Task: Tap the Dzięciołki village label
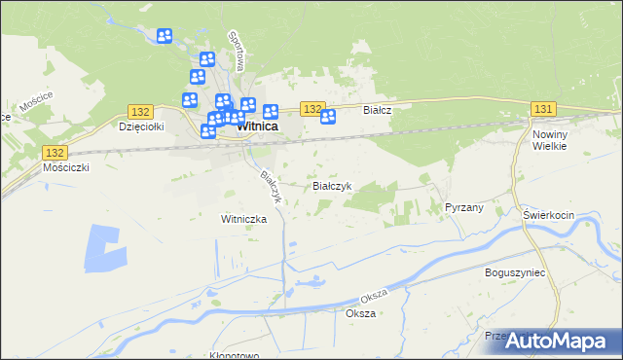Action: [138, 126]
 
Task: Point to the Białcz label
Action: [377, 111]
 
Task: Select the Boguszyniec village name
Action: [514, 273]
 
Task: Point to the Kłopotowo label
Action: [235, 355]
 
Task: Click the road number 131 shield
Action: [543, 108]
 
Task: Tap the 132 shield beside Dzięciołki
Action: [140, 113]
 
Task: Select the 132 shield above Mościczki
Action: [55, 153]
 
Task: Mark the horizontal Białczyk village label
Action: [330, 185]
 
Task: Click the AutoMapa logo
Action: [561, 341]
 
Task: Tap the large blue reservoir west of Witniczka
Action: [105, 249]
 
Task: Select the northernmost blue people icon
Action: [165, 36]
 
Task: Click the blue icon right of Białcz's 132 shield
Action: [328, 117]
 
